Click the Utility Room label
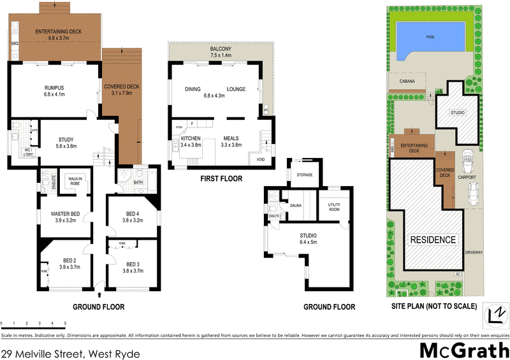point(334,206)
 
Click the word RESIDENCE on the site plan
point(433,240)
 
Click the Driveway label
point(474,252)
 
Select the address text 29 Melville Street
point(70,352)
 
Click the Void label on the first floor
point(260,160)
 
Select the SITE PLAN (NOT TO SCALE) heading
point(433,306)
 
